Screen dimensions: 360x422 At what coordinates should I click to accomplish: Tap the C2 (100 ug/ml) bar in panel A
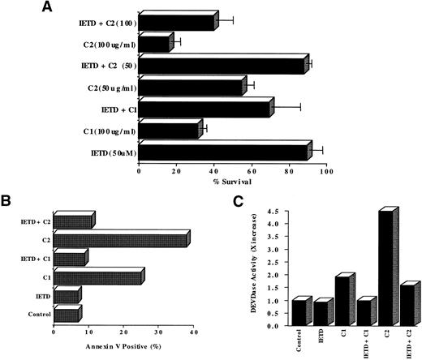(x=155, y=43)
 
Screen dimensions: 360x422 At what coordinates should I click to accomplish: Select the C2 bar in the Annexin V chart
(x=121, y=240)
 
